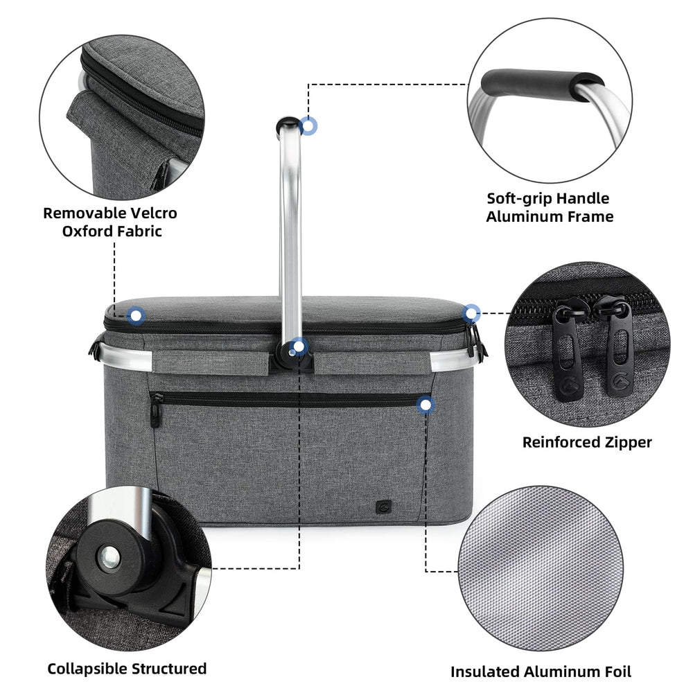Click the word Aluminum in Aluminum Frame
(x=518, y=216)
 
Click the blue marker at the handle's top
(x=309, y=126)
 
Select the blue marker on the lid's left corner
(x=136, y=315)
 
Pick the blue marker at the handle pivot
(x=299, y=346)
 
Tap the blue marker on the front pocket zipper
(x=426, y=405)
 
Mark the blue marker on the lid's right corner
(x=471, y=313)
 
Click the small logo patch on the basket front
(x=383, y=507)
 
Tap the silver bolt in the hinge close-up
(x=109, y=556)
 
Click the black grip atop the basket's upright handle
(x=288, y=124)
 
